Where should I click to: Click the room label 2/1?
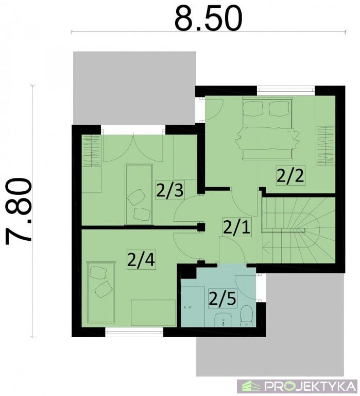coord(237,226)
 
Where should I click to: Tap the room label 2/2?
coord(290,175)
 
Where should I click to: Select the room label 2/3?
coord(170,190)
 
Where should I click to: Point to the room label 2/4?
coord(141,260)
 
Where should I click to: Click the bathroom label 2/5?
coord(222,299)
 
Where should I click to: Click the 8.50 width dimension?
coord(209,18)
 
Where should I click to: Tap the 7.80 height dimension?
coord(19,211)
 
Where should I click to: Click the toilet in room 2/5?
coord(246,316)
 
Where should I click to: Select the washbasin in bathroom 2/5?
coord(224,320)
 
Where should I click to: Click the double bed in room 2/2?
coord(267,129)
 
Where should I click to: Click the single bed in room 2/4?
coord(100,292)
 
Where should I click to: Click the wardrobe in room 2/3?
coord(91,151)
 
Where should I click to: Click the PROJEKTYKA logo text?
coord(311,386)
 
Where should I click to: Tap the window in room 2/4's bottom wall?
coord(134,332)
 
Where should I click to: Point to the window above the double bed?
coord(286,90)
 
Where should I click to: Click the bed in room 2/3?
coord(139,194)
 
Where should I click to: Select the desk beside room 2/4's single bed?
coord(153,312)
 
